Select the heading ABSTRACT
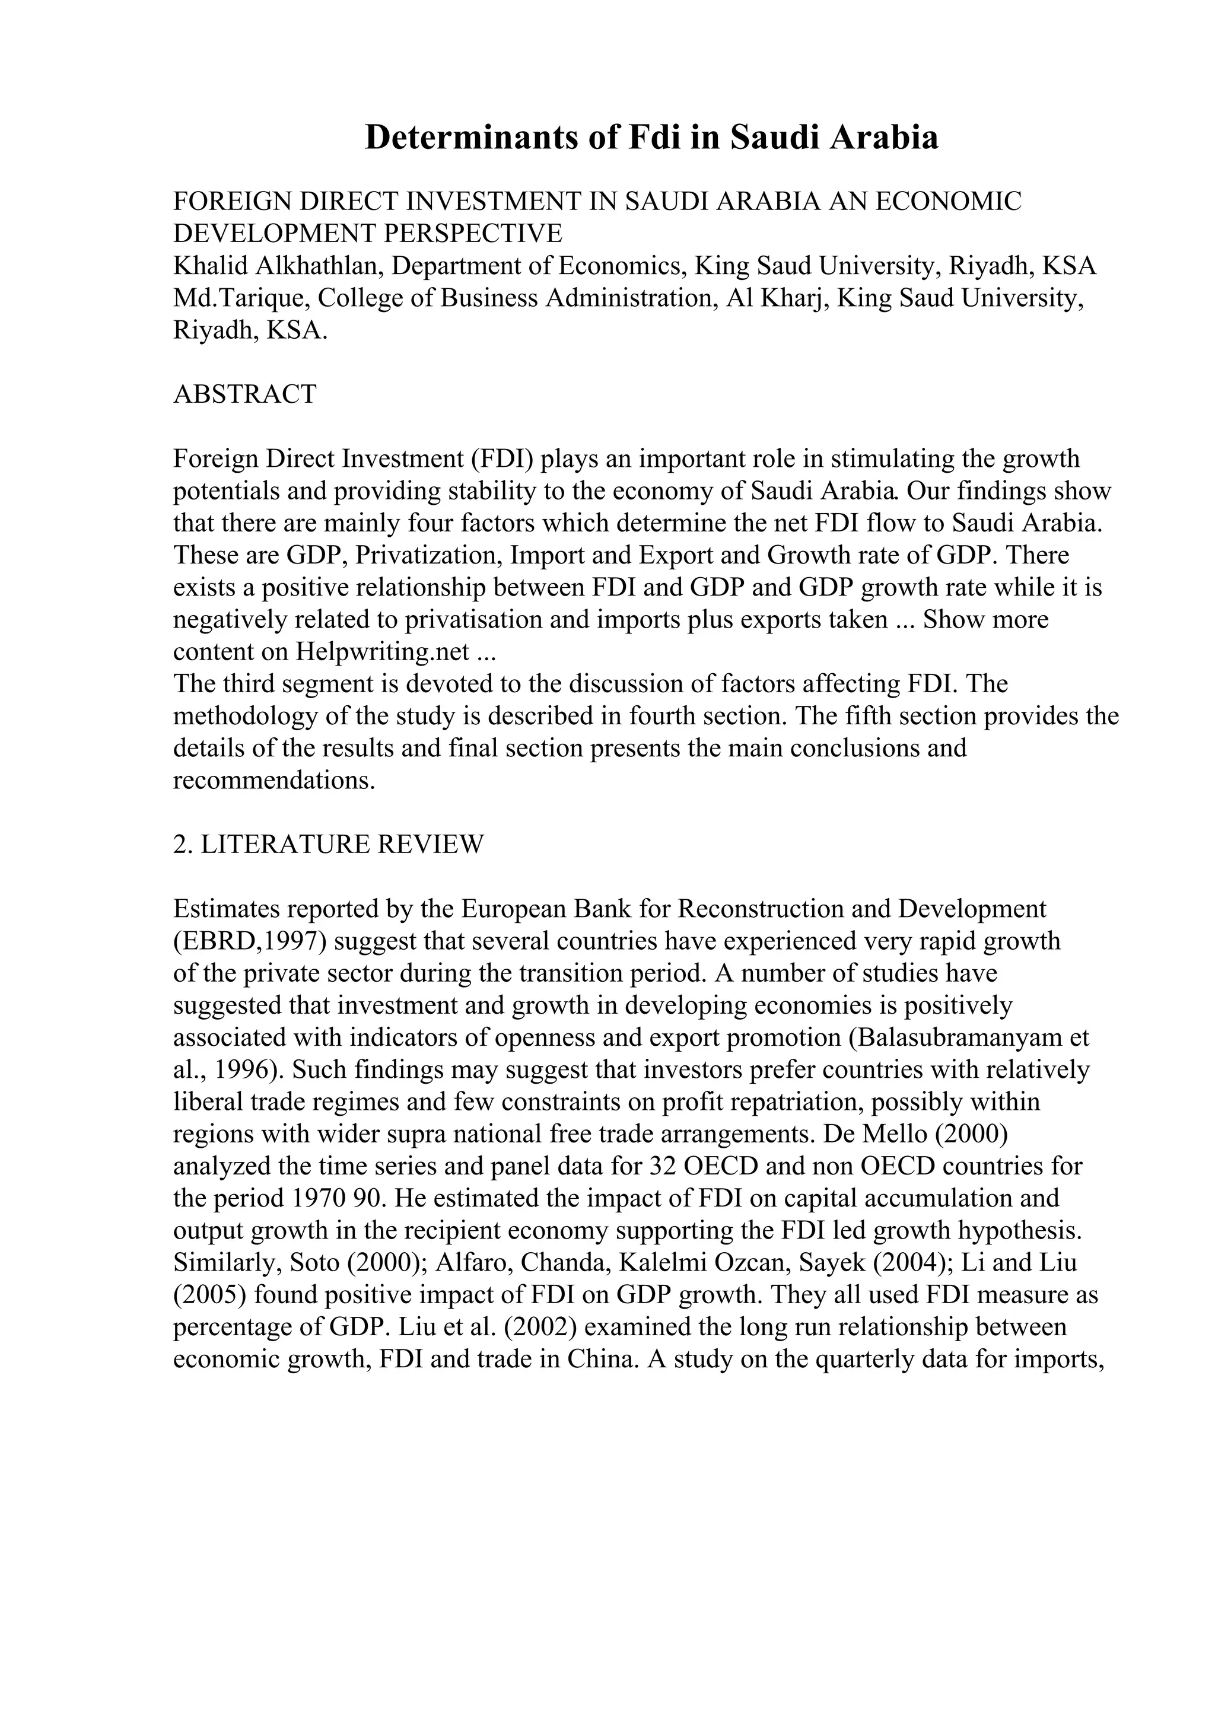point(245,394)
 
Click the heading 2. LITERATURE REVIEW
point(328,843)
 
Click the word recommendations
point(273,780)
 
